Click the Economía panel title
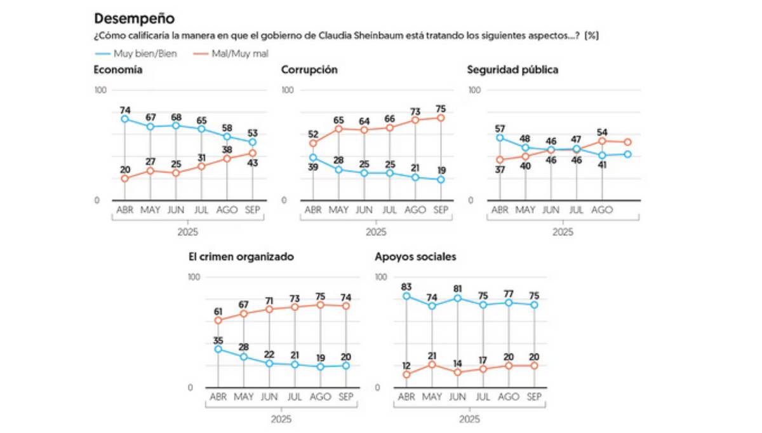tap(117, 70)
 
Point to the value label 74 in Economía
tap(125, 110)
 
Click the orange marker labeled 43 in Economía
tap(253, 153)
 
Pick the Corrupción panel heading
tap(309, 70)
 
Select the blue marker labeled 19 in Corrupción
tap(440, 179)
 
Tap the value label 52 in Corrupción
tap(312, 134)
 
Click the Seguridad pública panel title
tap(512, 70)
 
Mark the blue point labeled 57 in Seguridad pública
tap(500, 137)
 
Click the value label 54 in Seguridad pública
tap(602, 132)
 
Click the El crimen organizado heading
tap(241, 257)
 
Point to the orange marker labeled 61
tap(218, 320)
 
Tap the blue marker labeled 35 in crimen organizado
tap(218, 349)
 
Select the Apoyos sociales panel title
tap(415, 257)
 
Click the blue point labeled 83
tap(406, 296)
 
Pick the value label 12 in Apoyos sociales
tap(406, 366)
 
